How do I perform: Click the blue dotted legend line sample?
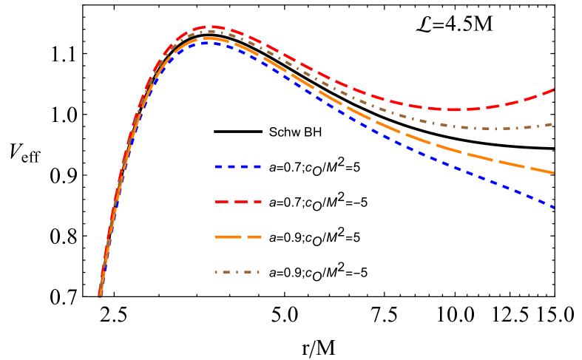click(238, 167)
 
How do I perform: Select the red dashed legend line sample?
click(238, 202)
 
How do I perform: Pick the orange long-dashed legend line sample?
click(238, 237)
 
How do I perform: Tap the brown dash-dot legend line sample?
click(237, 272)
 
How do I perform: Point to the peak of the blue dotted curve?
click(210, 42)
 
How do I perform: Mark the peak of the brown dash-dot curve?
click(209, 32)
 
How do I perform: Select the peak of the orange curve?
click(209, 38)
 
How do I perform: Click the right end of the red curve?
click(554, 89)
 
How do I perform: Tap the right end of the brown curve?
click(553, 124)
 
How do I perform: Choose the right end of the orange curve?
click(554, 173)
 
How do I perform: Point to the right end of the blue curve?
click(554, 208)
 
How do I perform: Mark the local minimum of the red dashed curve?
click(453, 110)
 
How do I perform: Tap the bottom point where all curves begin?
click(99, 295)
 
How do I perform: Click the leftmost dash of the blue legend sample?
click(219, 167)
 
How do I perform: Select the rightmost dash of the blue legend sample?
click(257, 167)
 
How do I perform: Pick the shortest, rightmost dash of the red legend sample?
click(259, 202)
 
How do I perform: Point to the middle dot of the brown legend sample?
click(237, 272)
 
